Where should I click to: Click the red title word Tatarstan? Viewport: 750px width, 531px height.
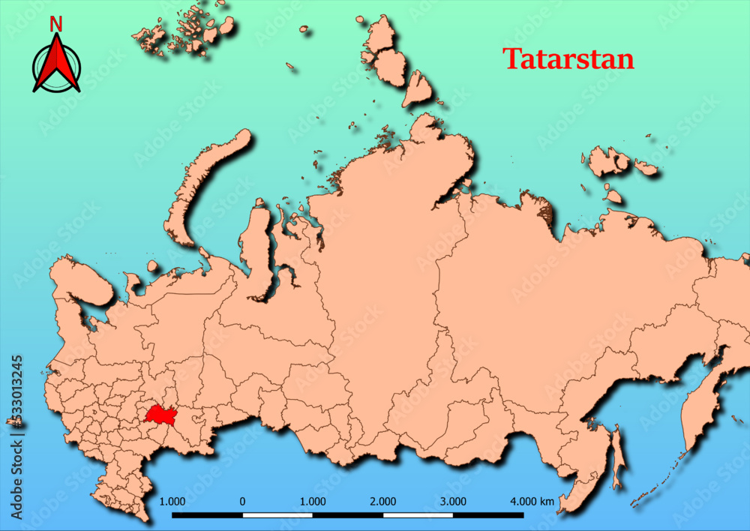(568, 59)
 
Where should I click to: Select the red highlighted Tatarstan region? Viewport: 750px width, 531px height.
(160, 415)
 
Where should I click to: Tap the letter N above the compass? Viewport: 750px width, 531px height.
(56, 24)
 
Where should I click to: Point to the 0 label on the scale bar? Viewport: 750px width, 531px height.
(242, 501)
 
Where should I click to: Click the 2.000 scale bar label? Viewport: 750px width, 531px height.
(383, 501)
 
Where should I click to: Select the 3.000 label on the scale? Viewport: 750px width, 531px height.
(453, 501)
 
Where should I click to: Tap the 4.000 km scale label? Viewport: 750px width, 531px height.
(532, 501)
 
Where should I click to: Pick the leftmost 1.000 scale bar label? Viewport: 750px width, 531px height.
(173, 501)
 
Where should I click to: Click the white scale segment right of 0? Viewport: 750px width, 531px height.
(277, 515)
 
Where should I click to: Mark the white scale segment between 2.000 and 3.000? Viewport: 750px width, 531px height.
(418, 515)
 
